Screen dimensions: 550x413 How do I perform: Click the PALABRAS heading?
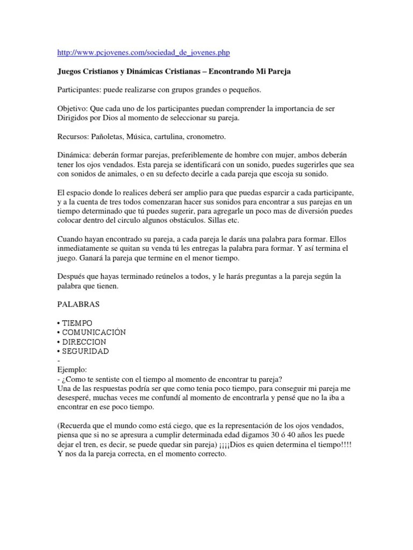pyautogui.click(x=78, y=304)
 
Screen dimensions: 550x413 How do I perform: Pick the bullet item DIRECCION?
pyautogui.click(x=84, y=342)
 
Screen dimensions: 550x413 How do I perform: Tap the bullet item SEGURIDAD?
pyautogui.click(x=86, y=351)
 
